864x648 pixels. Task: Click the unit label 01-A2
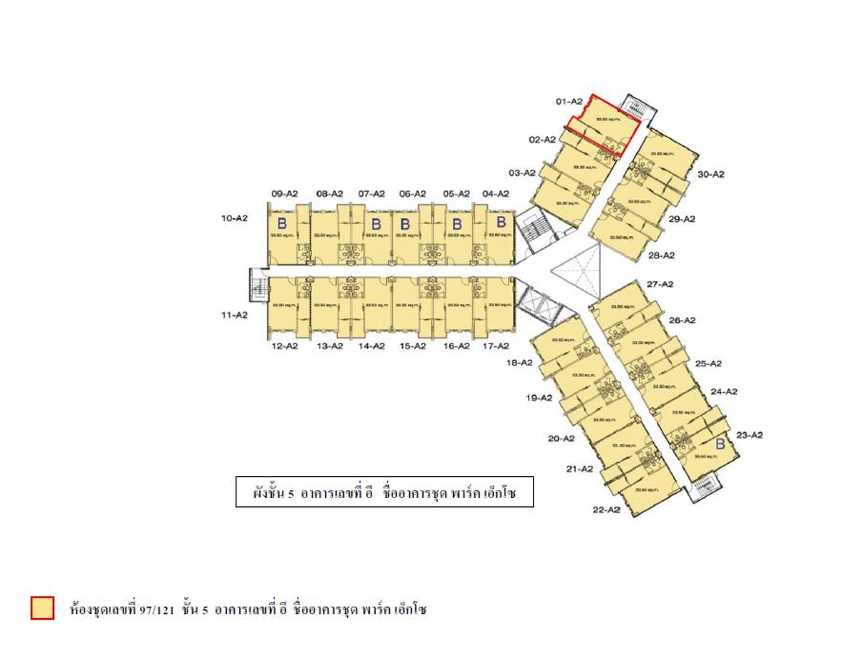[569, 101]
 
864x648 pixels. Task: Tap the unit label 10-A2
[234, 218]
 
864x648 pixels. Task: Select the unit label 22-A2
[606, 510]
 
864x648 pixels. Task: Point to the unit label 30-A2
[710, 174]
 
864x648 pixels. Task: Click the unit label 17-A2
[496, 346]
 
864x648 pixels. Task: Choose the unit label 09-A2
[284, 194]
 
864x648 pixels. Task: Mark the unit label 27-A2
[660, 284]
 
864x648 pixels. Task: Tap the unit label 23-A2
[749, 435]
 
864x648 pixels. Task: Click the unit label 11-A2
[234, 315]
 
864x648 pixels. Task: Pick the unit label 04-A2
[496, 194]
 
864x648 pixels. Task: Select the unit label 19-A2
[539, 398]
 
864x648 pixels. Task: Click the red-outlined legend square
[43, 608]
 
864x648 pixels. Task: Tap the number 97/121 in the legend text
[157, 610]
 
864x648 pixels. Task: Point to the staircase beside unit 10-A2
[257, 285]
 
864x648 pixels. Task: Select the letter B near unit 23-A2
[720, 445]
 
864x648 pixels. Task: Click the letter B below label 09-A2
[281, 224]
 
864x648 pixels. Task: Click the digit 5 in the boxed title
[290, 494]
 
